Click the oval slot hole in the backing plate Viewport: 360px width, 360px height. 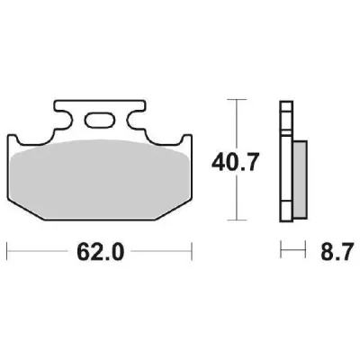100,118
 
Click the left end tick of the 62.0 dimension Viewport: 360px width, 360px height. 7,245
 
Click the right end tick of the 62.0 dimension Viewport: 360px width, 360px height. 193,245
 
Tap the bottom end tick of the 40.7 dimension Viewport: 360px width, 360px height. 236,220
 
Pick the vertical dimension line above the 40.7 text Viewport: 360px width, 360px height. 236,126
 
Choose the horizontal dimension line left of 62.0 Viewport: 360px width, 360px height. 40,245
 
